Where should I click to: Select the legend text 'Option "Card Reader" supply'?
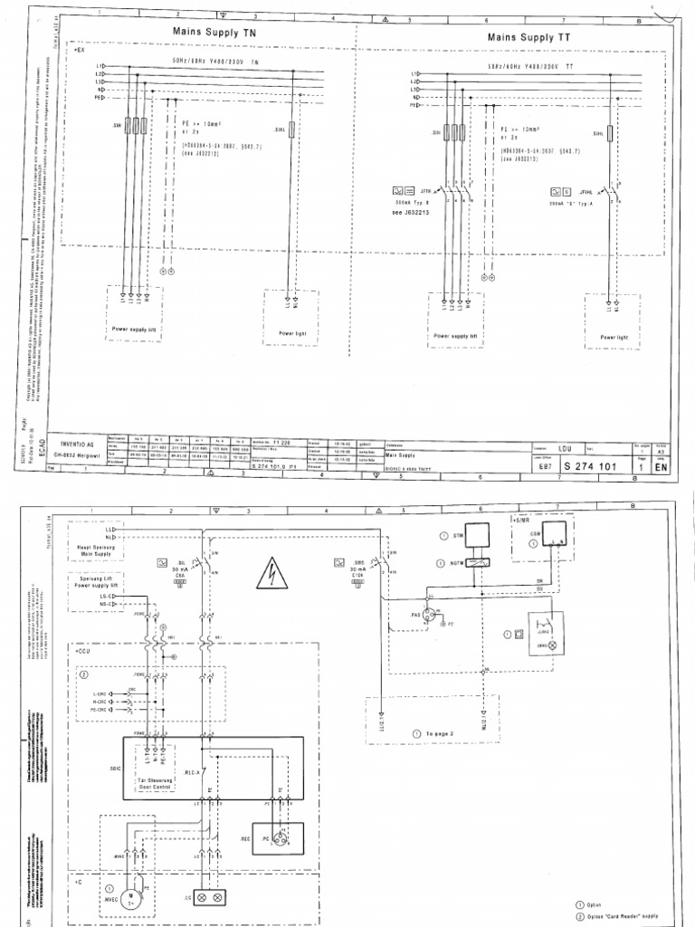[x=626, y=917]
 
